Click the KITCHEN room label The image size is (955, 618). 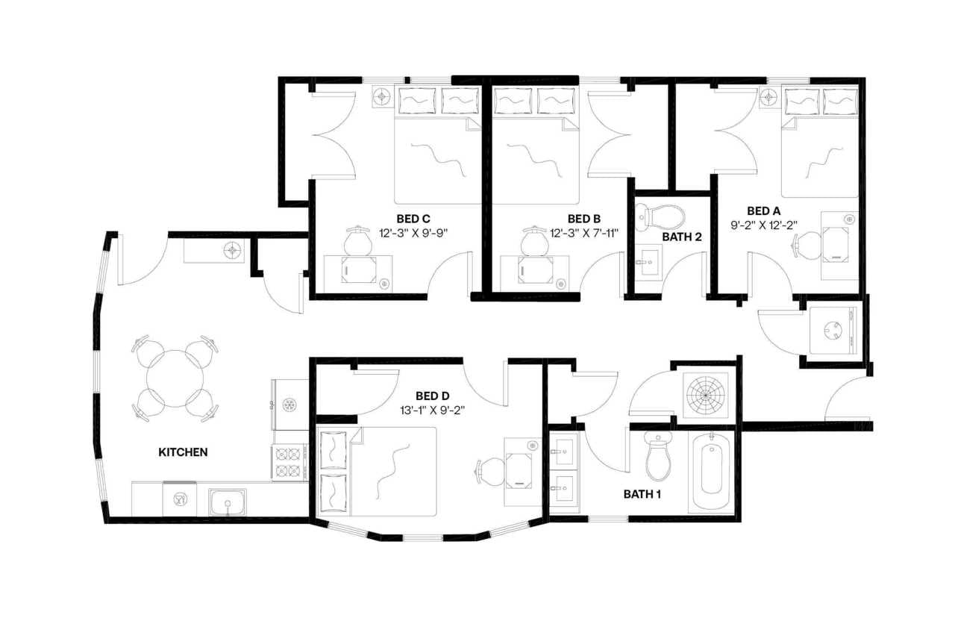pyautogui.click(x=183, y=452)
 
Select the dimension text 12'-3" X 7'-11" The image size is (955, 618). pyautogui.click(x=585, y=233)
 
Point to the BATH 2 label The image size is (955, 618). pyautogui.click(x=682, y=237)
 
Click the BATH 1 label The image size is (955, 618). pyautogui.click(x=643, y=494)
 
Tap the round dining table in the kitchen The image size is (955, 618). pyautogui.click(x=175, y=378)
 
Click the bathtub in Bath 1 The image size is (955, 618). pyautogui.click(x=710, y=470)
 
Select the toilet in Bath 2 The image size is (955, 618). pyautogui.click(x=662, y=217)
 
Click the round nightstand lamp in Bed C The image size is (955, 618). pyautogui.click(x=382, y=96)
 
